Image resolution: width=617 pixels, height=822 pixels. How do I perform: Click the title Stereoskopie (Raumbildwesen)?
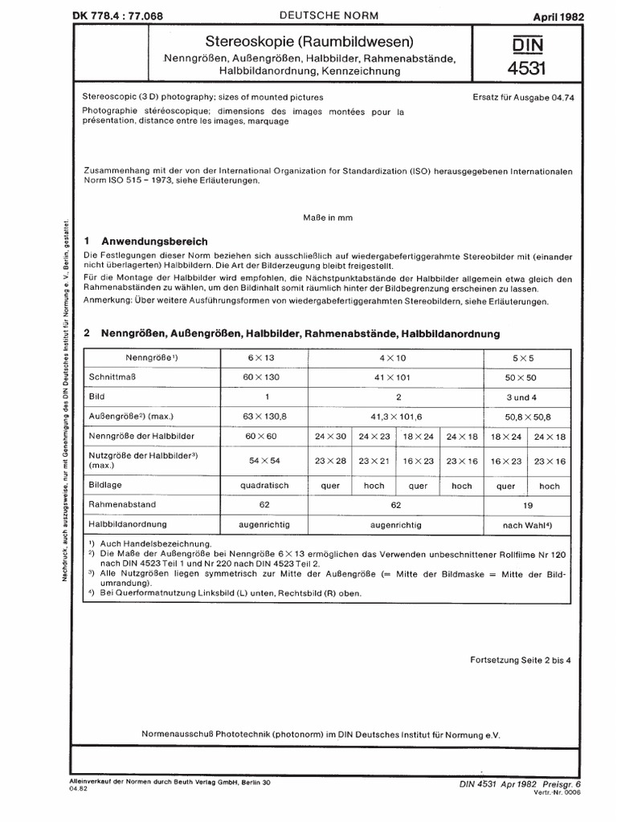tap(308, 42)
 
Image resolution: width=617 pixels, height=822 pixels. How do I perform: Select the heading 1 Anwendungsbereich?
tap(146, 241)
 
